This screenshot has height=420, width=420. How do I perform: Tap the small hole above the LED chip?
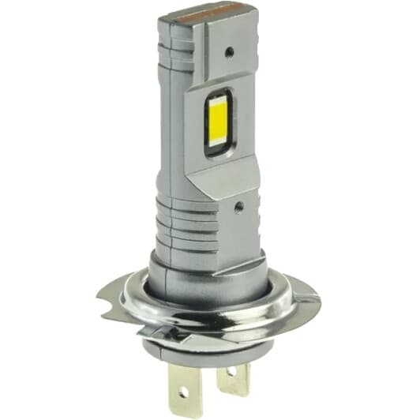228,52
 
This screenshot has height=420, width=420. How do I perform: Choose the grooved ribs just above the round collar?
189,225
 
